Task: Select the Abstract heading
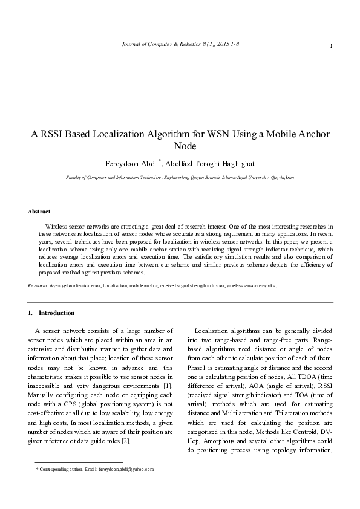(39, 212)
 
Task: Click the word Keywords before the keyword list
(38, 285)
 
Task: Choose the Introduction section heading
(56, 313)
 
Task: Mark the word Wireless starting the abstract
(56, 226)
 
